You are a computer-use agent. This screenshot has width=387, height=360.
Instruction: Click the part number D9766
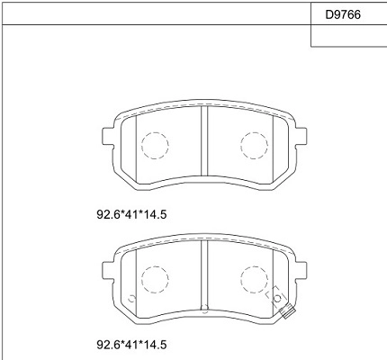coord(343,14)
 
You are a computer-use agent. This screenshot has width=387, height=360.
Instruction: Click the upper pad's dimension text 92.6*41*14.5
coord(131,214)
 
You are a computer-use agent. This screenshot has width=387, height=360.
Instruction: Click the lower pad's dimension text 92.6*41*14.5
coord(131,345)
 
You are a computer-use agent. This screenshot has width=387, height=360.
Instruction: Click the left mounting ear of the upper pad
coord(108,136)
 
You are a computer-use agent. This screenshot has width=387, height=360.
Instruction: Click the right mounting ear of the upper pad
coord(301,136)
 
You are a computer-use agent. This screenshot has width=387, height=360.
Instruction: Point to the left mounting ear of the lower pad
coord(108,270)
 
